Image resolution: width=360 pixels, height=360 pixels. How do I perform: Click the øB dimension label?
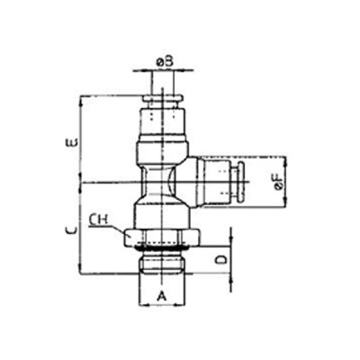coord(164,61)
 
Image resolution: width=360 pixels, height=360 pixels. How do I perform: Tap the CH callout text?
coord(100,218)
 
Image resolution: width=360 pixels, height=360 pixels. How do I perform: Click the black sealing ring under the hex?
coord(161,242)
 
